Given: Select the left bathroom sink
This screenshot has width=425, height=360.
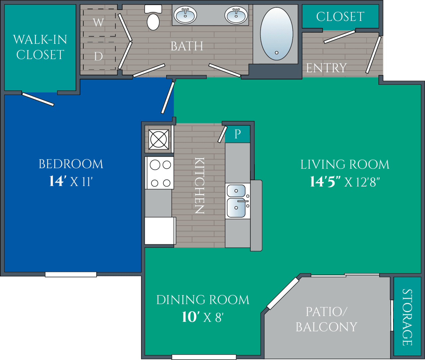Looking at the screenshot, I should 186,15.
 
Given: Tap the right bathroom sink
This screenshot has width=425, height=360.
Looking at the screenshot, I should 236,15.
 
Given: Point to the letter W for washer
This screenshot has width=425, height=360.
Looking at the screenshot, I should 98,23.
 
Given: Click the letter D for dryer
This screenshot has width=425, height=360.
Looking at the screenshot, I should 98,56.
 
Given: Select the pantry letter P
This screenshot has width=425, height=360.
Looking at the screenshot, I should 237,134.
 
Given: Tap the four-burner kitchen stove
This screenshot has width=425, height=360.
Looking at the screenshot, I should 159,173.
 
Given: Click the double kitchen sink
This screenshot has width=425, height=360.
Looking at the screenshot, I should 237,201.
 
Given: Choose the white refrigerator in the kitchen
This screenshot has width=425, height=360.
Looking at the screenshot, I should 160,231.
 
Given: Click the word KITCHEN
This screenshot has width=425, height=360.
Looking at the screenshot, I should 199,185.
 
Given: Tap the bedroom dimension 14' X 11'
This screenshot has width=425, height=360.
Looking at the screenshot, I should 71,181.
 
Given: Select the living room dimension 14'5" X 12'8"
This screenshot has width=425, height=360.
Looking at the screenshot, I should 345,182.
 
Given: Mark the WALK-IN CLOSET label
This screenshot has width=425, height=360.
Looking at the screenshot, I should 40,47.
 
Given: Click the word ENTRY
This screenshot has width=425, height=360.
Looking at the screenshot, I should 326,68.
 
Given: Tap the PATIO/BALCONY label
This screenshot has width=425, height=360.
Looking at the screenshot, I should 326,319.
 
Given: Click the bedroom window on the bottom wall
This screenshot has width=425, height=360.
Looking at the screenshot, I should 71,275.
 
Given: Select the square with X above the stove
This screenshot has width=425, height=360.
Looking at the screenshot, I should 159,139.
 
